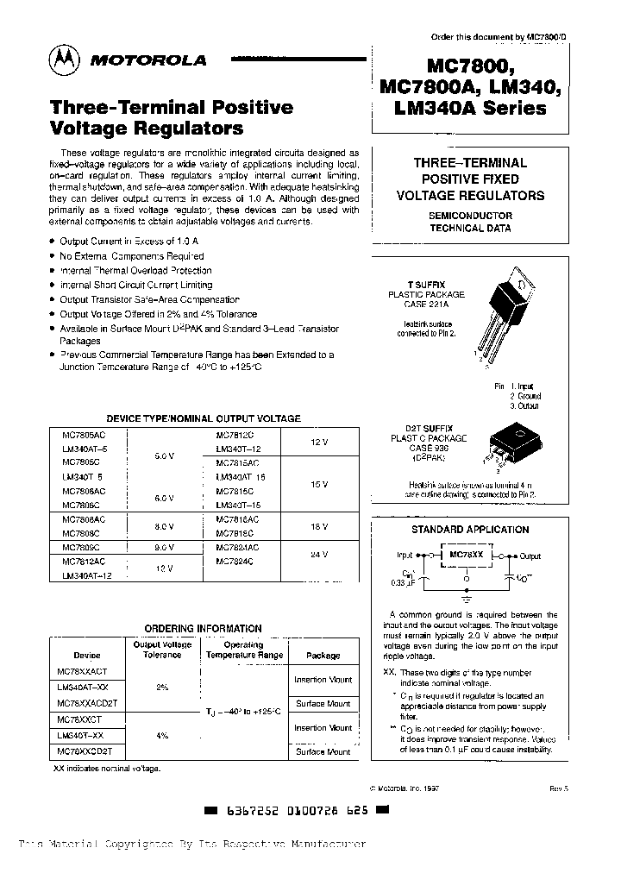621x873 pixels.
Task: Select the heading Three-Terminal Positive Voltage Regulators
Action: tap(172, 118)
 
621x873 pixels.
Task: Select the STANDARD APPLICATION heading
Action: tap(470, 529)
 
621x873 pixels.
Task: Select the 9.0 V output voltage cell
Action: tap(166, 547)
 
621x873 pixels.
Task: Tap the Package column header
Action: tap(323, 656)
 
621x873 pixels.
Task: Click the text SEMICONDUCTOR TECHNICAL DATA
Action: tap(470, 222)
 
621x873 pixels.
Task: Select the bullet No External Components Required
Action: tap(131, 256)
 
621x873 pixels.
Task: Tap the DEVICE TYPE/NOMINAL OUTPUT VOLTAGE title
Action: tap(203, 418)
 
